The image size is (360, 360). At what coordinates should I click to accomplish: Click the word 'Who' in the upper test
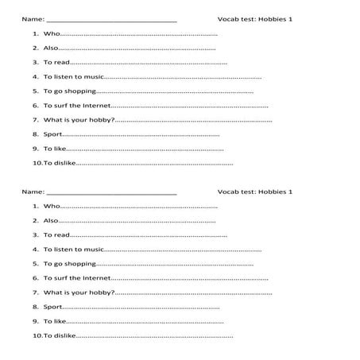point(51,34)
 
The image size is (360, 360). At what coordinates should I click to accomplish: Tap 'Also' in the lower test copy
point(51,220)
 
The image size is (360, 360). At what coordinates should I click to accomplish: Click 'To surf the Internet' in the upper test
point(77,106)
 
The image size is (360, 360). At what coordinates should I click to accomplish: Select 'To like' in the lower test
point(55,321)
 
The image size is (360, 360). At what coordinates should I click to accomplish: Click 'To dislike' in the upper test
point(59,163)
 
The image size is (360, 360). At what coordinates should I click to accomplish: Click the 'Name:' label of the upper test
point(33,18)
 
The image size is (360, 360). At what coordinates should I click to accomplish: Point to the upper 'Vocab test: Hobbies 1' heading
point(255,18)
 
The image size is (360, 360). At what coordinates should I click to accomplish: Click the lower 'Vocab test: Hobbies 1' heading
point(255,192)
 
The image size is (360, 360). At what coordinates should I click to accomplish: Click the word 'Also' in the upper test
point(51,48)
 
